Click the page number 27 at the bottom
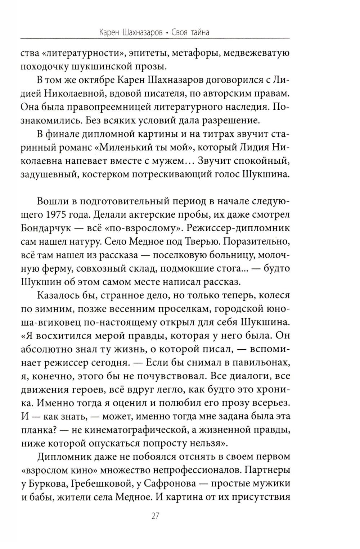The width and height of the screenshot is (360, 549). click(155, 516)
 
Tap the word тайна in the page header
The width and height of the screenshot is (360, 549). click(197, 32)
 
